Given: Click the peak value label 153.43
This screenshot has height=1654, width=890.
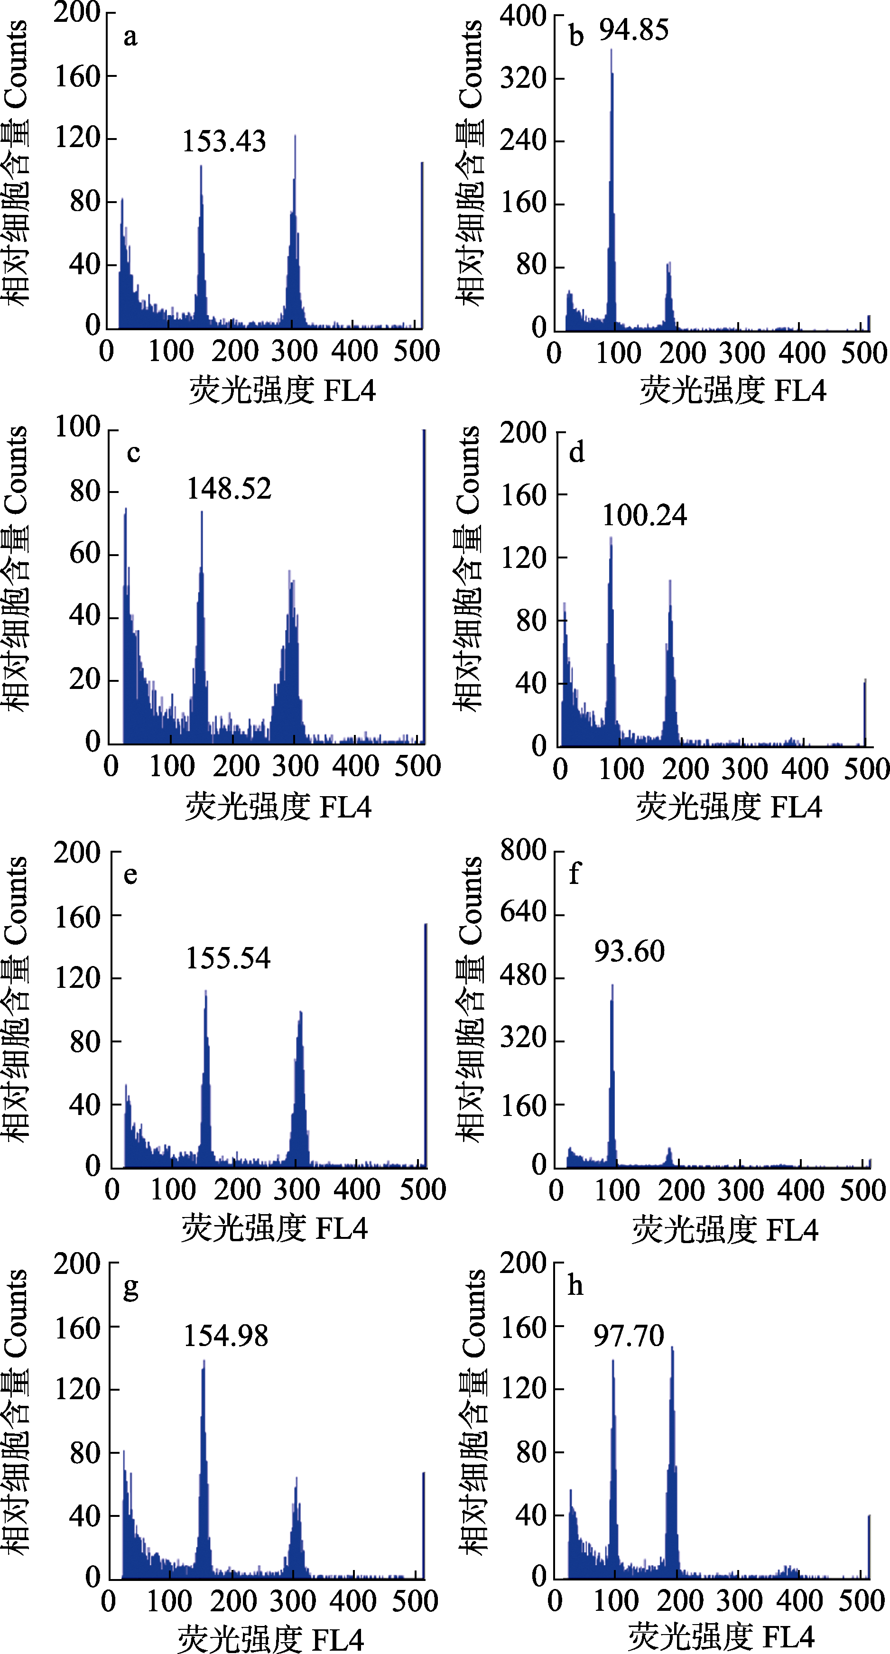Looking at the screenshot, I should pyautogui.click(x=224, y=142).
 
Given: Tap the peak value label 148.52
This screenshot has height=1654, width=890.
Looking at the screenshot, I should pyautogui.click(x=229, y=489).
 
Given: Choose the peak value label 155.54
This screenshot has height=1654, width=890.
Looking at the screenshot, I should pyautogui.click(x=228, y=958).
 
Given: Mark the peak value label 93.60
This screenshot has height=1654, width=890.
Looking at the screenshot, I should pyautogui.click(x=629, y=952).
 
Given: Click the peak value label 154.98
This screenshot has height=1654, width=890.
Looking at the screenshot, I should pyautogui.click(x=226, y=1336).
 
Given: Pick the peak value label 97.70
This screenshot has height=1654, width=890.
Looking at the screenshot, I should pyautogui.click(x=629, y=1336).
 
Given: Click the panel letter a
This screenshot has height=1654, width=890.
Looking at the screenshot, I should pyautogui.click(x=130, y=37).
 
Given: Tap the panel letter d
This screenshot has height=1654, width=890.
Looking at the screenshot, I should pyautogui.click(x=576, y=453).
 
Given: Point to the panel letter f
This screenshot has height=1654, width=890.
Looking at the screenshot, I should pyautogui.click(x=575, y=873).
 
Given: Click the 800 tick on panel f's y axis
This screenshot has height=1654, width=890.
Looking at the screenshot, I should pyautogui.click(x=523, y=850).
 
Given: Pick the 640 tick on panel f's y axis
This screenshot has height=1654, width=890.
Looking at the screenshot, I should pyautogui.click(x=523, y=912).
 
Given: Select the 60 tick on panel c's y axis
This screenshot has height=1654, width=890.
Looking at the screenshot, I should pyautogui.click(x=85, y=554).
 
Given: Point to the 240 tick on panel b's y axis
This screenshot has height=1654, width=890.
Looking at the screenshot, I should pyautogui.click(x=523, y=140).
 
